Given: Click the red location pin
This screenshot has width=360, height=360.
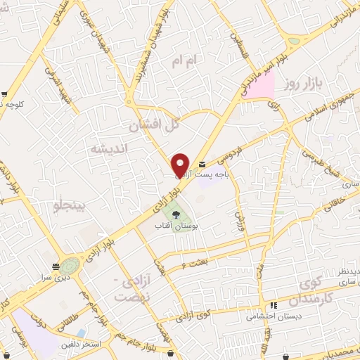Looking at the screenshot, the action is coord(181,164).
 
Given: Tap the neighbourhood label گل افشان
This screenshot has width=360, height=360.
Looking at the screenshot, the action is coord(151,127).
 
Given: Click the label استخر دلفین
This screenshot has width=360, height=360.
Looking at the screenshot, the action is coord(83,345).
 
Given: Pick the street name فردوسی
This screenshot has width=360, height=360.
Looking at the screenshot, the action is coord(228,151).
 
